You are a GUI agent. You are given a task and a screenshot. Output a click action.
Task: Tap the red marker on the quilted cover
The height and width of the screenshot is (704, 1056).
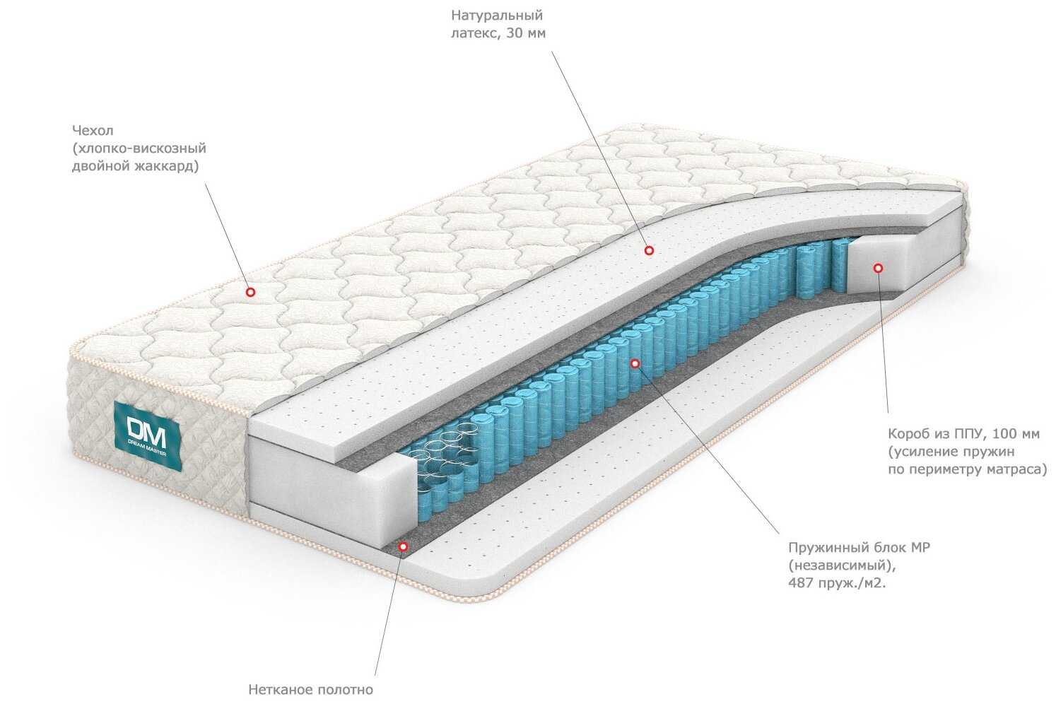(250, 291)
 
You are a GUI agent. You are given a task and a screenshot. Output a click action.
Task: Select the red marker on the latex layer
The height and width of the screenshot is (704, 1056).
(648, 250)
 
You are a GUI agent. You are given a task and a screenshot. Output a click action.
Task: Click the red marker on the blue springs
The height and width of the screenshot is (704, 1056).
(634, 363)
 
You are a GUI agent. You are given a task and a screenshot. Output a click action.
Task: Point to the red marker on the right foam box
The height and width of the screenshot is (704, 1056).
(878, 268)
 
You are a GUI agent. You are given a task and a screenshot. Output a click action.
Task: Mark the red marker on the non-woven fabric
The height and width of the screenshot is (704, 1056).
(403, 546)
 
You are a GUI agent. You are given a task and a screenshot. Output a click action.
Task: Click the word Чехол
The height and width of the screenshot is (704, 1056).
(92, 131)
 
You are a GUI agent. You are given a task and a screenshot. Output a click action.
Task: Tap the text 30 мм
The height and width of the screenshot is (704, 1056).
(527, 33)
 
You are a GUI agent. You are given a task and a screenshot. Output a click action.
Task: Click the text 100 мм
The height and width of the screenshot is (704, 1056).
(1016, 433)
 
